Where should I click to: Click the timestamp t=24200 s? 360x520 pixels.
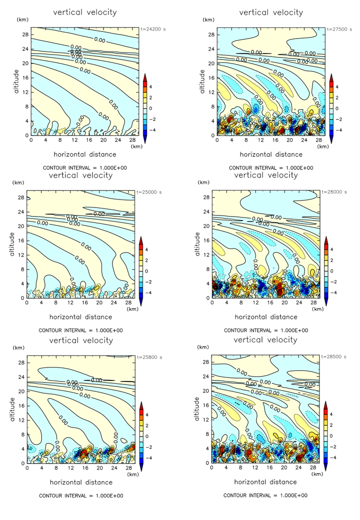(152, 29)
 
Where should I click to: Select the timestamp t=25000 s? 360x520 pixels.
(152, 192)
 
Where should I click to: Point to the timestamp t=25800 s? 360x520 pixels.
(152, 357)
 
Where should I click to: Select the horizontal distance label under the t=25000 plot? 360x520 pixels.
(81, 316)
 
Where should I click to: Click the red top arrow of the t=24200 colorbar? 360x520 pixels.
(144, 77)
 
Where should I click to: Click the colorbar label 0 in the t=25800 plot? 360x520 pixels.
(152, 435)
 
